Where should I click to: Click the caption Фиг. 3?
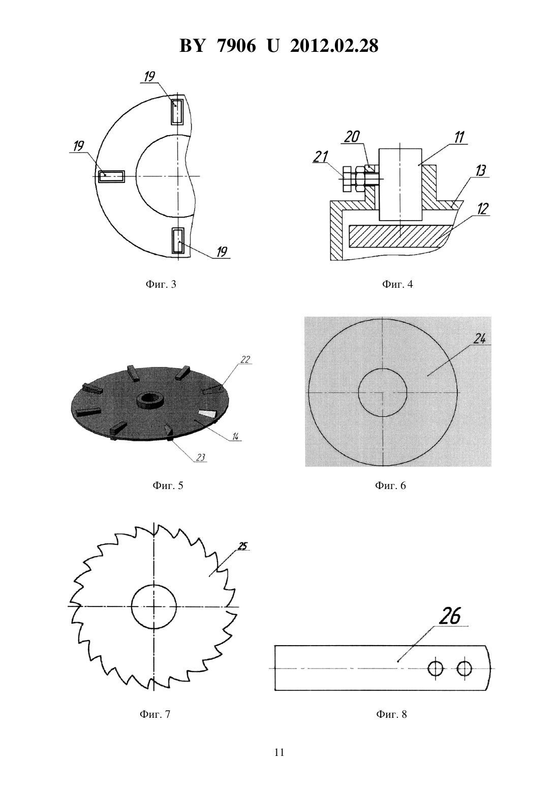click(x=161, y=284)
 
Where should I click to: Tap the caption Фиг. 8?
click(x=391, y=714)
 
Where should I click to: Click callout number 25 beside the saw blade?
click(x=243, y=546)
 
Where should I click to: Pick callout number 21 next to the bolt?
click(x=321, y=157)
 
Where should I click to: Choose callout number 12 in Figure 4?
click(x=482, y=209)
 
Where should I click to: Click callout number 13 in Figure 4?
click(x=480, y=171)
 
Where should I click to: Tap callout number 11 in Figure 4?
click(x=459, y=137)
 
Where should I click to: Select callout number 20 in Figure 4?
click(x=352, y=137)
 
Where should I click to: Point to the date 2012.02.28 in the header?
click(x=334, y=46)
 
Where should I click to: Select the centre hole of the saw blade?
click(x=153, y=606)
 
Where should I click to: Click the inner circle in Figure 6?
click(x=383, y=392)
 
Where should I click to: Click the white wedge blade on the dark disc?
click(x=207, y=414)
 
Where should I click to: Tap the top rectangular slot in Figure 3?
click(x=177, y=112)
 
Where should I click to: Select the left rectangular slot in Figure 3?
click(x=111, y=176)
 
